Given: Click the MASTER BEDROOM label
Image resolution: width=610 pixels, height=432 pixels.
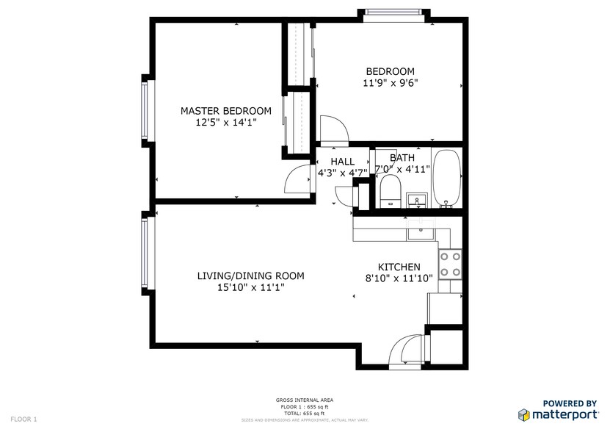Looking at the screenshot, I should (225, 111).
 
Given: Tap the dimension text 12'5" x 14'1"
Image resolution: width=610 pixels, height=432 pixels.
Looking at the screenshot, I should (225, 123).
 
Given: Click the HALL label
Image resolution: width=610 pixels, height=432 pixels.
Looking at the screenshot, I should (342, 162).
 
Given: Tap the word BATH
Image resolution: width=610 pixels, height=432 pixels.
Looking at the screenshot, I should (402, 157).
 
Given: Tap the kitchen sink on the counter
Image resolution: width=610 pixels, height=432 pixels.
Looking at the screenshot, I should (421, 233).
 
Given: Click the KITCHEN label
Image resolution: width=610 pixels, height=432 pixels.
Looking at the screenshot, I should (399, 267).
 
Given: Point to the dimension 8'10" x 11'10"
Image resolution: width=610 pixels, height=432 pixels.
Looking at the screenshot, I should (399, 278).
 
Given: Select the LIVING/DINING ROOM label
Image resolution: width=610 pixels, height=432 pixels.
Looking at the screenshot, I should (250, 276).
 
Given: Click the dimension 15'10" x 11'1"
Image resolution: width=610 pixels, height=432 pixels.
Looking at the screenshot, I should (250, 289).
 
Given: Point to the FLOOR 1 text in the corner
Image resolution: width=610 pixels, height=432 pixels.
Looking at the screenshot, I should (23, 419).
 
